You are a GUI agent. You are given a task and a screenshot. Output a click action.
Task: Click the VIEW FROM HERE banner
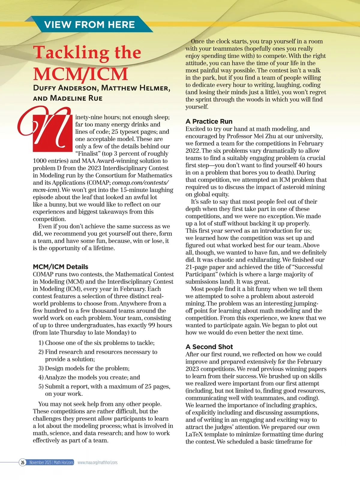pos(89,25)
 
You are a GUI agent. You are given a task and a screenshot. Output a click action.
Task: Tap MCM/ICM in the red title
pos(80,74)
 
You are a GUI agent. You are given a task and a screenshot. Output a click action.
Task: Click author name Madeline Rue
pos(76,98)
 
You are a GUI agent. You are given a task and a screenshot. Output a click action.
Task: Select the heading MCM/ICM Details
pos(61,267)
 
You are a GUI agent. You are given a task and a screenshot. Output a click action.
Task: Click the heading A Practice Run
pos(209,121)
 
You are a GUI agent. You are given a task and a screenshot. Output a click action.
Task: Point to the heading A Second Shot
pos(209,347)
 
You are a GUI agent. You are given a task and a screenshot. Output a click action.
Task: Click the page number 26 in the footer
pos(22,463)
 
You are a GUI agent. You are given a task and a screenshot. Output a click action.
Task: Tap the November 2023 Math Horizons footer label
pos(51,463)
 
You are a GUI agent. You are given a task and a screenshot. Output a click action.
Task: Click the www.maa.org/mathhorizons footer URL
pos(97,463)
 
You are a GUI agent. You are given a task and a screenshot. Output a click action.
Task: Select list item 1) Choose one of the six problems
pos(96,343)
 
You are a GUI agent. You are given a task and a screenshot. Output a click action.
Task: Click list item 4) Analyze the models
pos(89,377)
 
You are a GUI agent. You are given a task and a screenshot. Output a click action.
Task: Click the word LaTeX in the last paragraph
pos(195,434)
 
